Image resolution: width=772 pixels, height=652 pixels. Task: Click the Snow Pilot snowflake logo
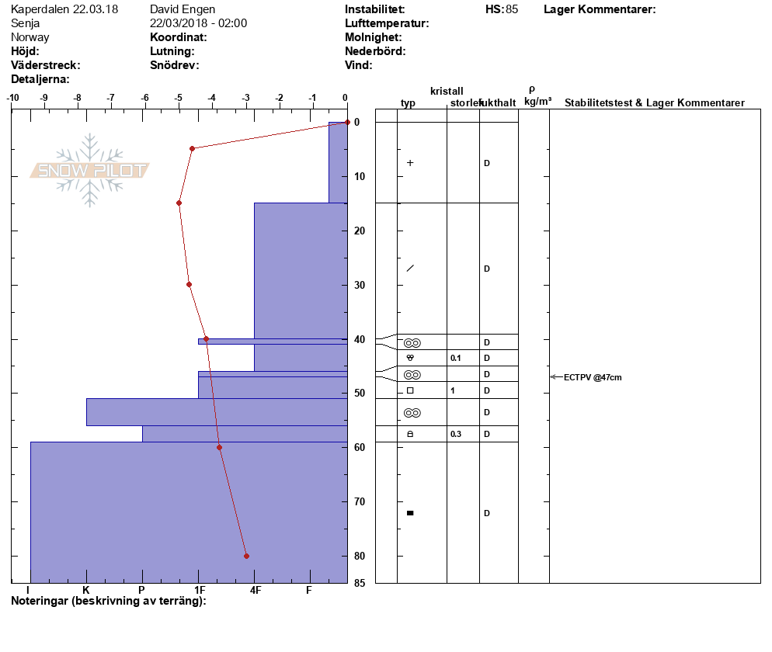pyautogui.click(x=89, y=170)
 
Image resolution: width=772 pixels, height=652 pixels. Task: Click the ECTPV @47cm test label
pyautogui.click(x=593, y=377)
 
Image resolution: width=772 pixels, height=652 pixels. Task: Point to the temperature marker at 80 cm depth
pyautogui.click(x=247, y=556)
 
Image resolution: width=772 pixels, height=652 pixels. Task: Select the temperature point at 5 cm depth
pyautogui.click(x=192, y=148)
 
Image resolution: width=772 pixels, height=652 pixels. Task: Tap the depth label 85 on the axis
pyautogui.click(x=360, y=583)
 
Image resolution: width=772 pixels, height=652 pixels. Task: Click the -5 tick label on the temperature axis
pyautogui.click(x=178, y=98)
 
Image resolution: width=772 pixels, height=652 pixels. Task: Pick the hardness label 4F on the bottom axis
pyautogui.click(x=255, y=590)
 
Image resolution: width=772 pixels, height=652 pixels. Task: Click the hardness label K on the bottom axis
pyautogui.click(x=86, y=590)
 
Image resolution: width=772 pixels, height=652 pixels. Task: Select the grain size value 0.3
pyautogui.click(x=456, y=434)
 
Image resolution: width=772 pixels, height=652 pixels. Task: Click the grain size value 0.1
pyautogui.click(x=456, y=358)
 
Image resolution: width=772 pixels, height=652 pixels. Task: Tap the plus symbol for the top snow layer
pyautogui.click(x=410, y=163)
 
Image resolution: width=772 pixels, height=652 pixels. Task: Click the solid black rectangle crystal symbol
pyautogui.click(x=410, y=513)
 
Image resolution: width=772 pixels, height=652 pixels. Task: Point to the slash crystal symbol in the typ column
pyautogui.click(x=410, y=269)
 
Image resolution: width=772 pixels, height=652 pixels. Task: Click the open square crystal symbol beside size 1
pyautogui.click(x=410, y=390)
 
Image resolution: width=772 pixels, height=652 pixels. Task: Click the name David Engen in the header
pyautogui.click(x=183, y=9)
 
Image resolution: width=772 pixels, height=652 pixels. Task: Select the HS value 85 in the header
pyautogui.click(x=512, y=9)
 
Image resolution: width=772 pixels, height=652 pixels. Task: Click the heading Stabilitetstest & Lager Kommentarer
pyautogui.click(x=654, y=102)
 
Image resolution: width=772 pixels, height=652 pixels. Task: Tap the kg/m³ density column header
pyautogui.click(x=537, y=102)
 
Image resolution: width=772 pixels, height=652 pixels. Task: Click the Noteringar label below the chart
pyautogui.click(x=40, y=601)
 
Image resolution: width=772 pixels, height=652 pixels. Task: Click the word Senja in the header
pyautogui.click(x=25, y=23)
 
